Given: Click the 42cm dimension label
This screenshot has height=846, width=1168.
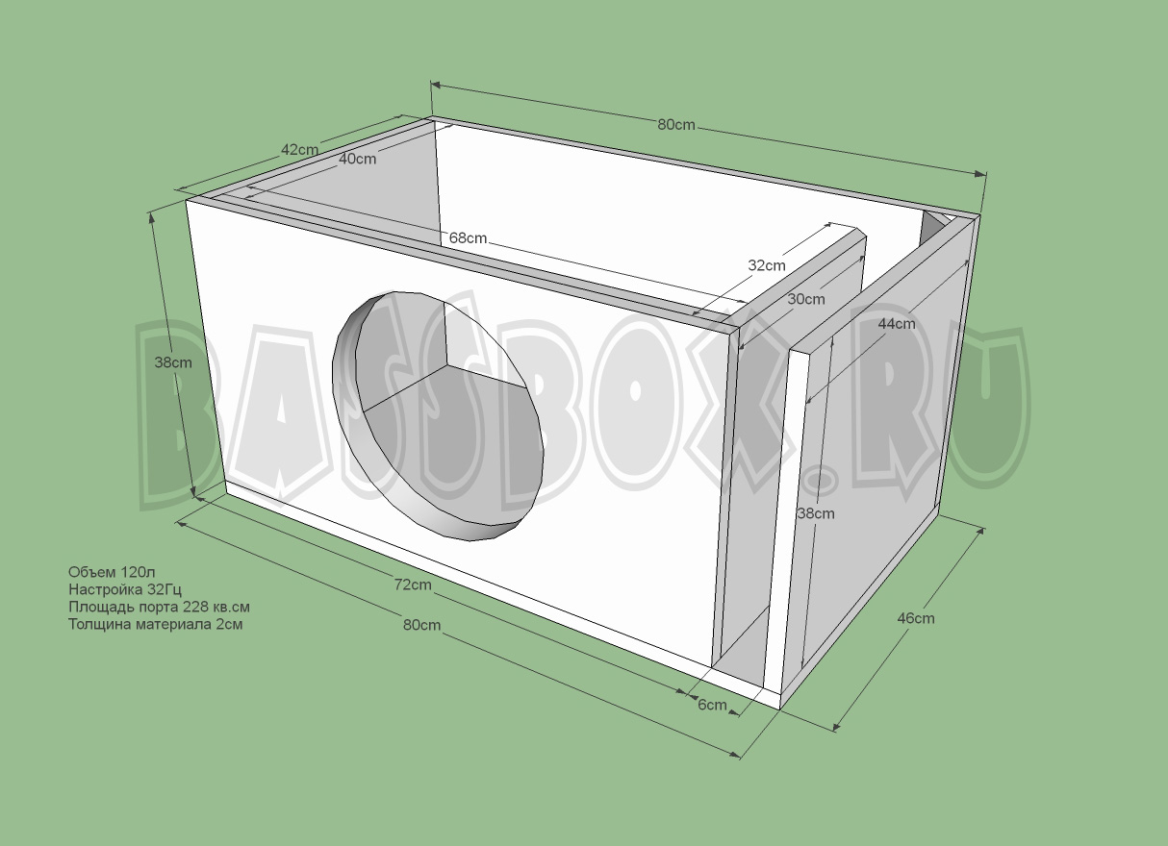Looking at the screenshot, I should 299,150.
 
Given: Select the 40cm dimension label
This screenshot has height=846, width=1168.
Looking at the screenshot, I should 357,160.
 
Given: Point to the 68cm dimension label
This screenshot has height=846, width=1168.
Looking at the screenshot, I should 468,237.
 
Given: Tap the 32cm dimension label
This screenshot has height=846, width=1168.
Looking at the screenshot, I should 766,264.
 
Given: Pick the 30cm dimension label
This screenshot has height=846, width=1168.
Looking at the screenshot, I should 806,299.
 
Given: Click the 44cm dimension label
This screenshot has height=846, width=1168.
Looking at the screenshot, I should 897,324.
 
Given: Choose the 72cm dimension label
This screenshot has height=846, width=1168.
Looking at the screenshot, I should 412,585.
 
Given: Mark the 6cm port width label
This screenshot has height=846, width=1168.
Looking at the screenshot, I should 712,705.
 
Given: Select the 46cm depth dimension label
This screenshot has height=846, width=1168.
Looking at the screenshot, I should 915,618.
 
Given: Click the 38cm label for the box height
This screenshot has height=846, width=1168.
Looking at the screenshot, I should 173,362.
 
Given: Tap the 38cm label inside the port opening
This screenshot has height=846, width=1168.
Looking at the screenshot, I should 816,513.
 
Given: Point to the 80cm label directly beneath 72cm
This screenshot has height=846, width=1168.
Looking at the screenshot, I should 421,625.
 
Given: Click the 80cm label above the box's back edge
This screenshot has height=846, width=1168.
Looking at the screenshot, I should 676,125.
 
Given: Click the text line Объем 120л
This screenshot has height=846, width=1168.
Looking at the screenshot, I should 105,572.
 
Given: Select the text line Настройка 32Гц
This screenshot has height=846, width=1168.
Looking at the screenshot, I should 124,589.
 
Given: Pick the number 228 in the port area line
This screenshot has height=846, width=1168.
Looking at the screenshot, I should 195,607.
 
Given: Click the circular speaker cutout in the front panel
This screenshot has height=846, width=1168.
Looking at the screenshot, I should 438,413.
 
